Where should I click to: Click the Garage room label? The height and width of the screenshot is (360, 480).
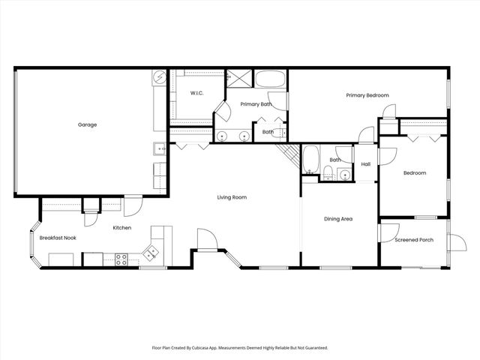point(88,124)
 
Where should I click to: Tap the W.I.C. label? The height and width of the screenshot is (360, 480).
point(197,94)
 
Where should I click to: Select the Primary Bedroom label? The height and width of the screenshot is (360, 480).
point(367,95)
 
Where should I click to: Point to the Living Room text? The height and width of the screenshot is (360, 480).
point(232,197)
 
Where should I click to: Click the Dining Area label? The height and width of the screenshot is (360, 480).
point(337,219)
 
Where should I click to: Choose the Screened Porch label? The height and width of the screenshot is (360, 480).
point(414,240)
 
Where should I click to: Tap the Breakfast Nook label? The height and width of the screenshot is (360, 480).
point(58,238)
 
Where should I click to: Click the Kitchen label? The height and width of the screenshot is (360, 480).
point(122,227)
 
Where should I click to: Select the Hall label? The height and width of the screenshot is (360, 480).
point(366,164)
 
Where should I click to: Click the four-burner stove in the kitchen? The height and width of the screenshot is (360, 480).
point(120,259)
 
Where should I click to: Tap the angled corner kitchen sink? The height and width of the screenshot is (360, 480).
point(152,253)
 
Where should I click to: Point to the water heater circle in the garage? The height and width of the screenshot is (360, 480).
point(159,77)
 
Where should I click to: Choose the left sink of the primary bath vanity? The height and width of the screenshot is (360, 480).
point(223,136)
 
